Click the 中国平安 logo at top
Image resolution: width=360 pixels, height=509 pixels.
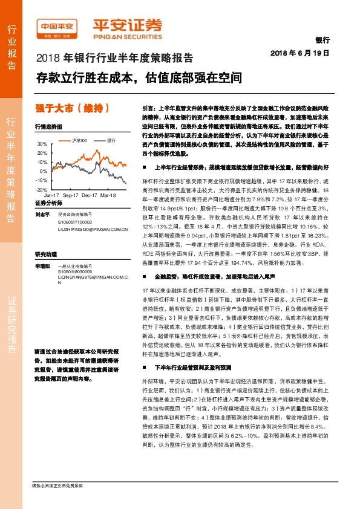[57, 27]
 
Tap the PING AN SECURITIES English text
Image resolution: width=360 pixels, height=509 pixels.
[127, 35]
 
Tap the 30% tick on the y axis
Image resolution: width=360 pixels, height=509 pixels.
[42, 144]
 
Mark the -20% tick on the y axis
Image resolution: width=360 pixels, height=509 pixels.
[42, 189]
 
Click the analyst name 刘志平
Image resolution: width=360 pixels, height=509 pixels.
[42, 215]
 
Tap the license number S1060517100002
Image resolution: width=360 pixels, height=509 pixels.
[76, 222]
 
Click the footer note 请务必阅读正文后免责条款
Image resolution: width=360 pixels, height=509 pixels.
[57, 485]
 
